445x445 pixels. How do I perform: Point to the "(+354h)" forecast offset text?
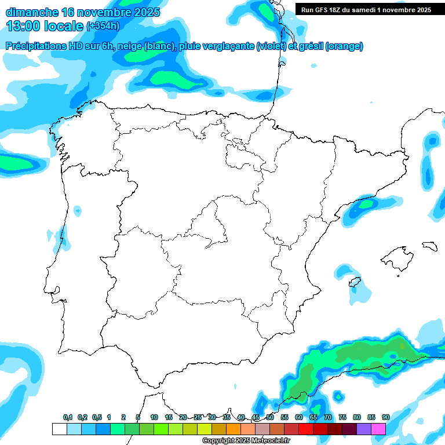pos(103,26)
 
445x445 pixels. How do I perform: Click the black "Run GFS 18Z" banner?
pos(366,10)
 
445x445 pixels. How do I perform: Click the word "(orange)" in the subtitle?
pos(344,46)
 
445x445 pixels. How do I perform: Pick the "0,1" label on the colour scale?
pos(68,417)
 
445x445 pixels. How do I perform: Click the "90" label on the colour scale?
pos(385,417)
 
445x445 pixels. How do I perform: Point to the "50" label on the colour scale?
pos(270,417)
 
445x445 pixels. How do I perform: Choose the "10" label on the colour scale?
pos(154,417)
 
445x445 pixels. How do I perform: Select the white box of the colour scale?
pos(59,429)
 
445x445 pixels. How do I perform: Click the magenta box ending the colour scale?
pos(378,429)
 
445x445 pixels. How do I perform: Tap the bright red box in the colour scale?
pos(306,429)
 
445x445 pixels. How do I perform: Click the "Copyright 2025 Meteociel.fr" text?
pos(246,441)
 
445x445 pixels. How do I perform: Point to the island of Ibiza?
pos(354,282)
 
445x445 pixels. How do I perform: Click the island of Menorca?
pos(429,246)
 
